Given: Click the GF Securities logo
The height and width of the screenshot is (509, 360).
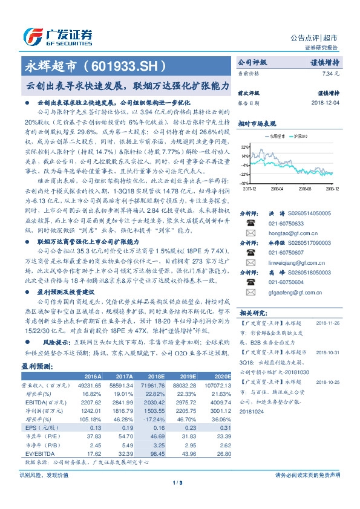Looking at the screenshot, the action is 57,34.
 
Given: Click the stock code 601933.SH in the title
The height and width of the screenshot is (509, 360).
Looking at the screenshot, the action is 126,64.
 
